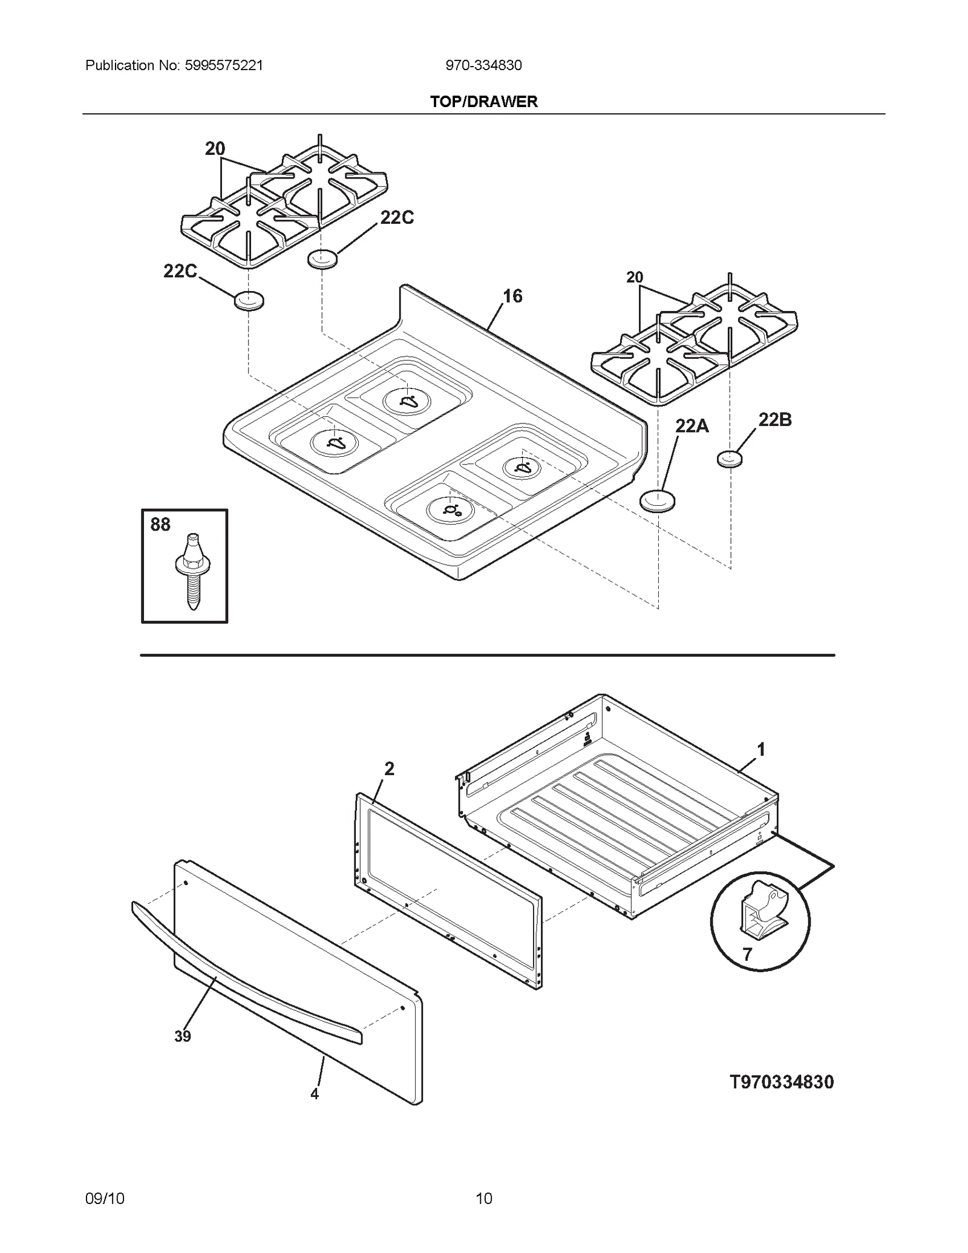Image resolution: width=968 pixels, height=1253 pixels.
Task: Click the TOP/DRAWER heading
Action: (483, 102)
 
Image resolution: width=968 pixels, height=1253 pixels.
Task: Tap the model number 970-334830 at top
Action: (483, 65)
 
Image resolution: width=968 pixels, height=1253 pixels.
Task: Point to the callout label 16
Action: (512, 296)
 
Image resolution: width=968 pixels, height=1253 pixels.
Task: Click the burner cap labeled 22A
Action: (657, 502)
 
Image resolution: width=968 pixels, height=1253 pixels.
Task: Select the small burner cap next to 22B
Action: (729, 459)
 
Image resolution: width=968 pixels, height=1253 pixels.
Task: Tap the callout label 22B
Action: (774, 420)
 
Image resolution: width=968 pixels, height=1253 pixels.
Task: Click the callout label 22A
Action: (692, 426)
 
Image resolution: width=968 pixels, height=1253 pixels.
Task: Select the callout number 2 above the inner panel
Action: (389, 769)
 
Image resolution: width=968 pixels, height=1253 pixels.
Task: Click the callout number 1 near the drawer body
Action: (761, 750)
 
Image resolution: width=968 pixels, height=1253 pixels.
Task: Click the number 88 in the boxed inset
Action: (160, 525)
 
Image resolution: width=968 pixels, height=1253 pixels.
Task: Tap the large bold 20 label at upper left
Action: (215, 149)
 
